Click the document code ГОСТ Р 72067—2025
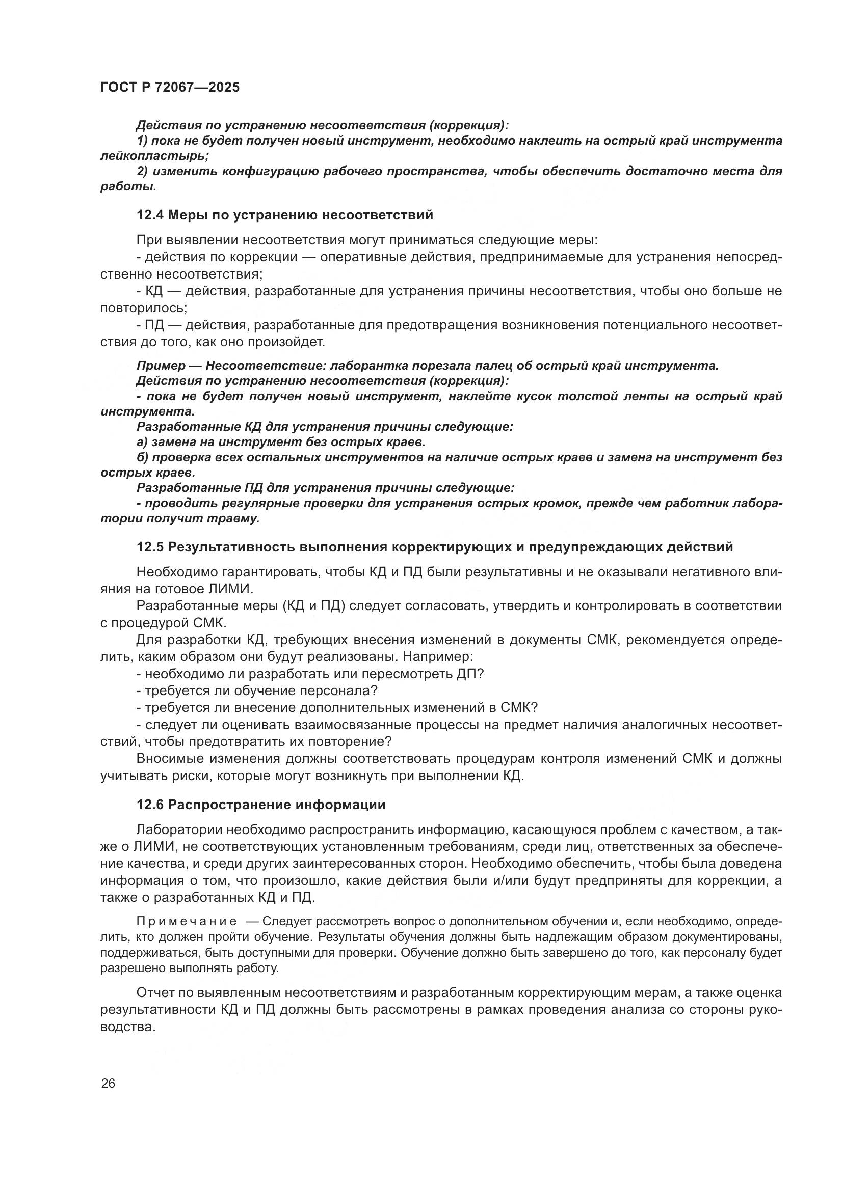tap(170, 87)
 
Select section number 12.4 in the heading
tap(150, 215)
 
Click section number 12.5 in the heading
tap(150, 547)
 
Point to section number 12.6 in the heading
tap(150, 805)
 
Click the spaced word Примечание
tap(187, 922)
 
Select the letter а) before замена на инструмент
tap(142, 442)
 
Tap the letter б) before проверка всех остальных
tap(142, 458)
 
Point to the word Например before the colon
tap(435, 657)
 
